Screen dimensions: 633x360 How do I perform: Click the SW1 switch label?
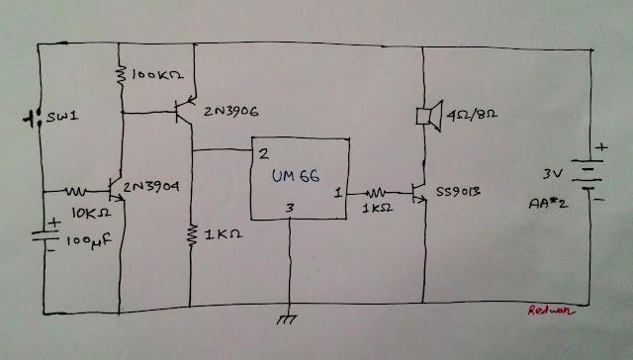pos(62,117)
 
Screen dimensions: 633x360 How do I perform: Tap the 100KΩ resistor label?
pos(157,74)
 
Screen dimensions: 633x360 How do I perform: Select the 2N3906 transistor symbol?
pos(184,109)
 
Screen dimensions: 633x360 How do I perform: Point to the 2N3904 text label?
pos(151,187)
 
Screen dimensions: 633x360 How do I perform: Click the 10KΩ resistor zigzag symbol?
pos(76,191)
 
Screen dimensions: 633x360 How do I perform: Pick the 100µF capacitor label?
pos(88,241)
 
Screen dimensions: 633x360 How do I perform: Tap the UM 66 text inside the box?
pos(296,176)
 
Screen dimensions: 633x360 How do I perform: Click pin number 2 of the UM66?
pos(264,153)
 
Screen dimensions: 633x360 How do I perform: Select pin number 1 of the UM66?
pos(338,193)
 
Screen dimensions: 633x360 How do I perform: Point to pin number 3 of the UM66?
pos(290,209)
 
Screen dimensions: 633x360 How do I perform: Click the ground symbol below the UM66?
pos(287,319)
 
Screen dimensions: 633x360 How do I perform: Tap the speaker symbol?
pos(429,116)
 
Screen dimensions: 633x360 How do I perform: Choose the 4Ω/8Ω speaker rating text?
pos(472,115)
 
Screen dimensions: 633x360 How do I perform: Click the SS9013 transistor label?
pos(458,191)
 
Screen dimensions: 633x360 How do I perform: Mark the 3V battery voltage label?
pos(553,174)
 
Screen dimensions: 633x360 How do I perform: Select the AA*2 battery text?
pos(548,203)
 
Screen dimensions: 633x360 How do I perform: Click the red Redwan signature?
pos(551,311)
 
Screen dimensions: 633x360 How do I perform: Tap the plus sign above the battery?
pos(601,147)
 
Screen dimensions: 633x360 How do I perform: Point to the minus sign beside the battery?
pos(599,200)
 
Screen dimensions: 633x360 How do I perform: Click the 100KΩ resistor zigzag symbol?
pos(121,75)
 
